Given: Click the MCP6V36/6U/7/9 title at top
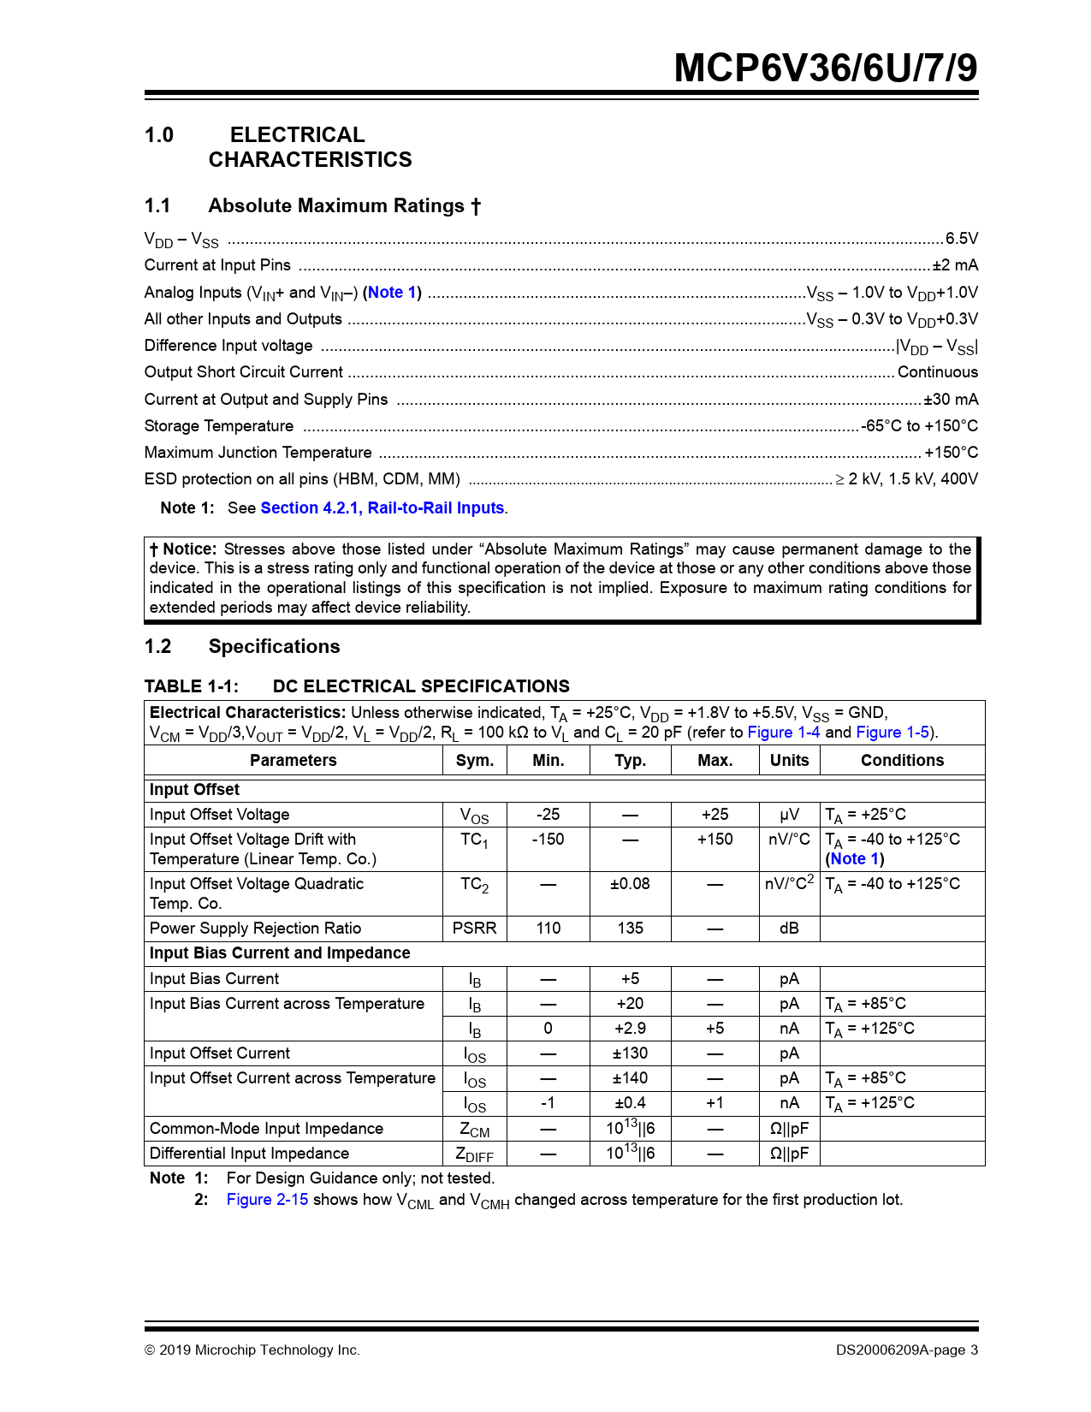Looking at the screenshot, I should coord(825,68).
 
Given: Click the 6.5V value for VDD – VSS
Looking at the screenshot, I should coord(961,239).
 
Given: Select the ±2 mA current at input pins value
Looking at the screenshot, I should coord(955,265).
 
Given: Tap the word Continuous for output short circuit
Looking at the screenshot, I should coord(937,372).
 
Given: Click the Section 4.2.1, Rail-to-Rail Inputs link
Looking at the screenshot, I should coord(382,508).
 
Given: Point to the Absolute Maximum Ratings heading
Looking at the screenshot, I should coord(344,206).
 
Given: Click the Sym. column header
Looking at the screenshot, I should coord(475,761).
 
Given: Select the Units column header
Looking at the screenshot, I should coord(789,761).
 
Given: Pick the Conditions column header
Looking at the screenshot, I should coord(902,761).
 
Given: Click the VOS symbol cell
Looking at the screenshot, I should coord(475,816).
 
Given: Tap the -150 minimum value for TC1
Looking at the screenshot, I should coord(548,839).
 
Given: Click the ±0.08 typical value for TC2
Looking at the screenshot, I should coord(630,884).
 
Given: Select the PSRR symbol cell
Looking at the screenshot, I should coord(475,928).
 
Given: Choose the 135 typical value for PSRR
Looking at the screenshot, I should coord(630,928).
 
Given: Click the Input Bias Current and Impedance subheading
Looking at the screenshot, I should coord(280,953).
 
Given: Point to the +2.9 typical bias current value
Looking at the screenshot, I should coord(630,1029).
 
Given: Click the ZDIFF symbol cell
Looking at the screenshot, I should coord(475,1154).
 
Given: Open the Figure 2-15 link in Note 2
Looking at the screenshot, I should coord(267,1200).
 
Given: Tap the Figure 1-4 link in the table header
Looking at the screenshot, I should coord(783,733).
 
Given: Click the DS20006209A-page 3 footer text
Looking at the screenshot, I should coord(907,1350).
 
